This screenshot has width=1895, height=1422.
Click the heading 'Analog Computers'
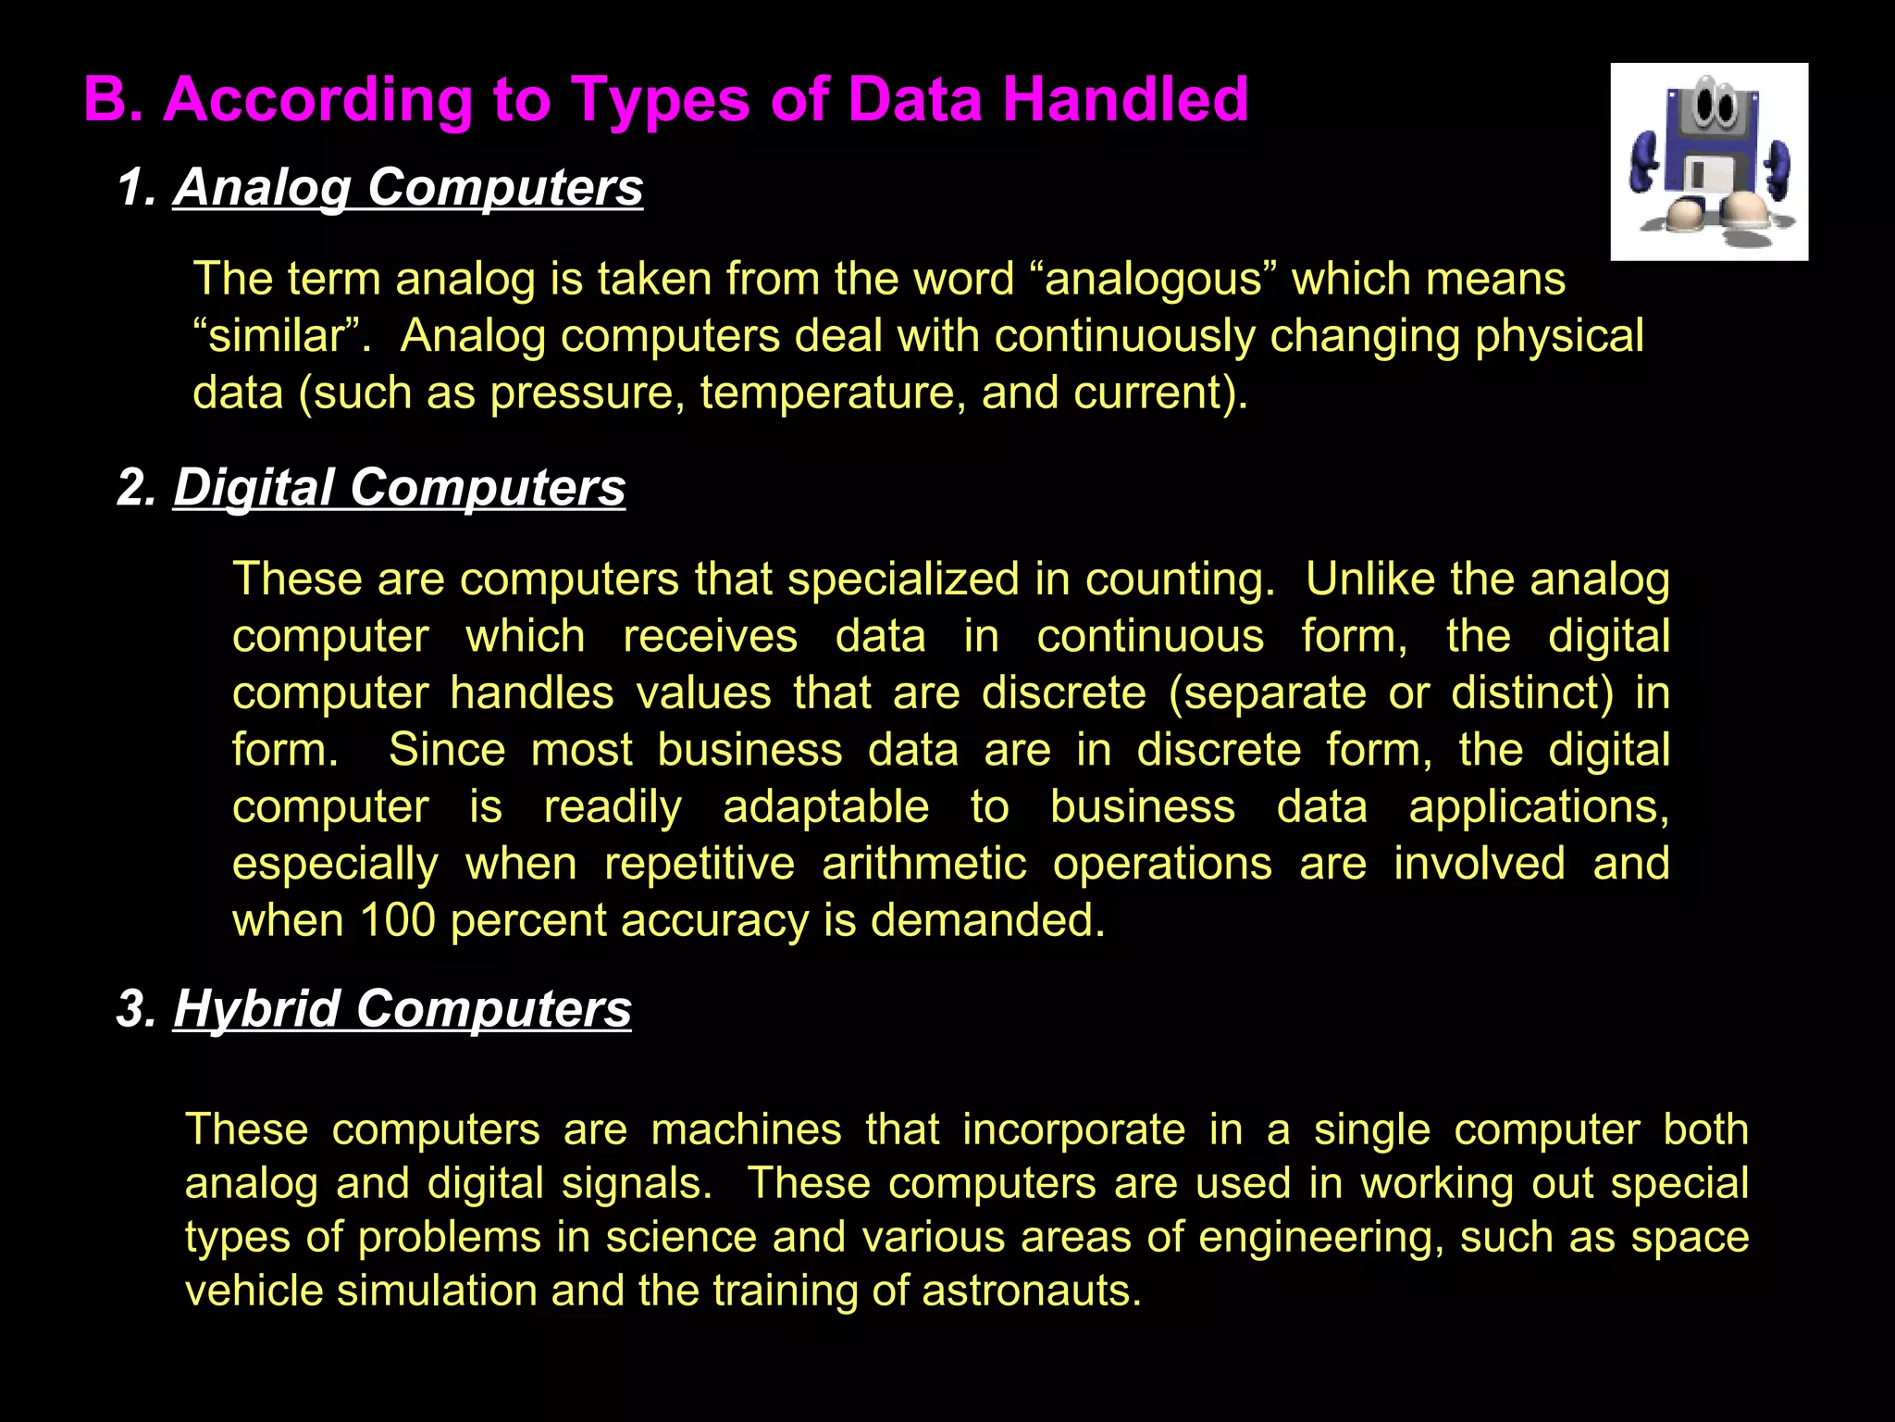coord(407,187)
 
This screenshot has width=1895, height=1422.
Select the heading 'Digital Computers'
coord(399,487)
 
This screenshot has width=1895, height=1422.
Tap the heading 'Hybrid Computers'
coord(402,1008)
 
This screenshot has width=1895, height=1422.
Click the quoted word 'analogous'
coord(1153,280)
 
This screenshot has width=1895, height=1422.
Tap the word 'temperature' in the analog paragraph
coord(827,393)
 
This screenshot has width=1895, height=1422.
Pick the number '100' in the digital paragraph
coord(397,920)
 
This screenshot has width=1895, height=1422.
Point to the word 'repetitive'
coord(700,864)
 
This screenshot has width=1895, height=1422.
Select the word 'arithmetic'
coord(923,864)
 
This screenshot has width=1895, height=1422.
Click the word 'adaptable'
coord(825,807)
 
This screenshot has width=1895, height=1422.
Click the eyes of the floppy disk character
coord(1713,107)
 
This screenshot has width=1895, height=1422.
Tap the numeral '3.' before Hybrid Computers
coord(137,1008)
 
